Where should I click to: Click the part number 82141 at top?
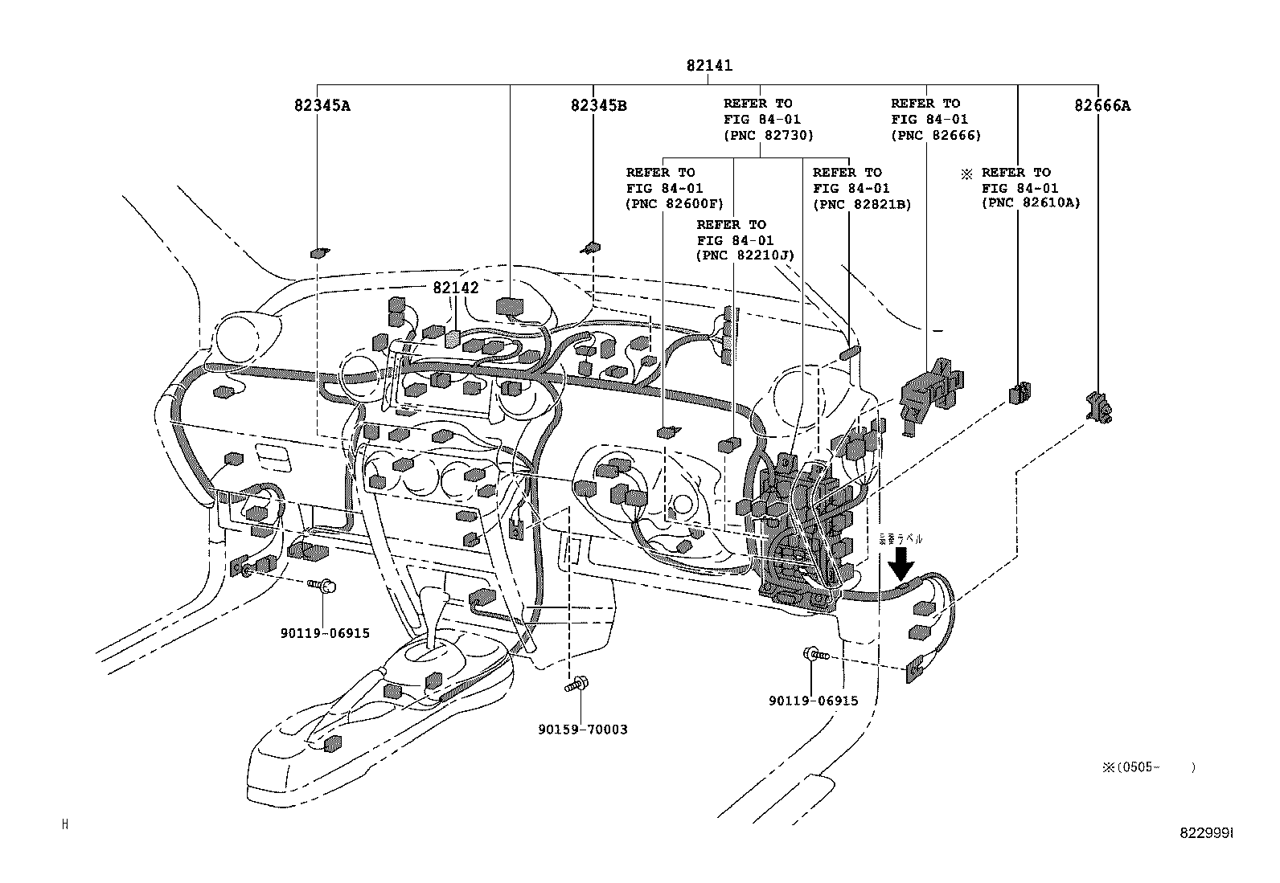point(708,66)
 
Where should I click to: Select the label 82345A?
point(322,105)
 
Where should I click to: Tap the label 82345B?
point(598,105)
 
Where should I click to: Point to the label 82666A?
point(1102,105)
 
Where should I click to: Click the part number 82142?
point(455,288)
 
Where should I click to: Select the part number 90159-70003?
point(583,730)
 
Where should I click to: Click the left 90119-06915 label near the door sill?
point(325,633)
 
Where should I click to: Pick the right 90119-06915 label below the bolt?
point(813,701)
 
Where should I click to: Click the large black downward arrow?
point(901,563)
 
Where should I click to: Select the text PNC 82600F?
point(674,203)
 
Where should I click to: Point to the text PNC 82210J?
point(745,255)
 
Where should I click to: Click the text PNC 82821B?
point(861,203)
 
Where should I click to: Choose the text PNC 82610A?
point(1030,203)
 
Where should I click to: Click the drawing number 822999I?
point(1206,833)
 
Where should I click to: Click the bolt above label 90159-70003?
point(574,686)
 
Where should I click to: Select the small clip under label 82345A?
point(319,253)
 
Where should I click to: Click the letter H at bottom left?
point(65,824)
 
